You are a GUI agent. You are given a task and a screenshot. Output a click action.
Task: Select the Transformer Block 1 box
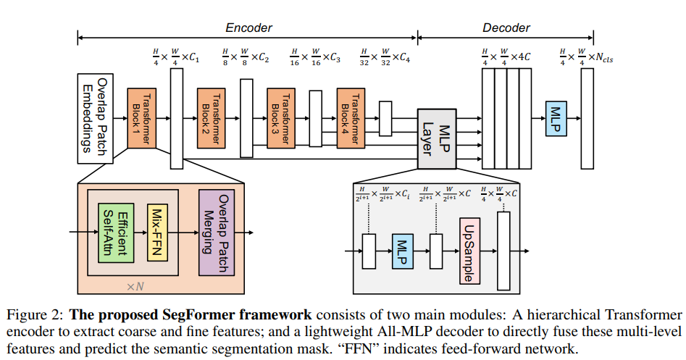tap(141, 118)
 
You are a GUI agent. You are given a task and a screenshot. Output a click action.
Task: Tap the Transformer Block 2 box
tap(211, 118)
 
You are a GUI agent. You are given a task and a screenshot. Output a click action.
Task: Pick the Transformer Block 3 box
tap(280, 118)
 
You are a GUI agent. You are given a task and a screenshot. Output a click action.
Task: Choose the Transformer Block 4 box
tap(351, 118)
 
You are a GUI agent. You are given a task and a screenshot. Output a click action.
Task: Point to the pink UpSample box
tap(467, 251)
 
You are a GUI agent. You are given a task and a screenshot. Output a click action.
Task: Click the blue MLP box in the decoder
tap(556, 117)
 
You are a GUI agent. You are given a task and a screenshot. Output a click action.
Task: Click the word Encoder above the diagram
tap(248, 28)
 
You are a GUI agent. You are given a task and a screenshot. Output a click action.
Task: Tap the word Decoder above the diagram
tap(506, 28)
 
